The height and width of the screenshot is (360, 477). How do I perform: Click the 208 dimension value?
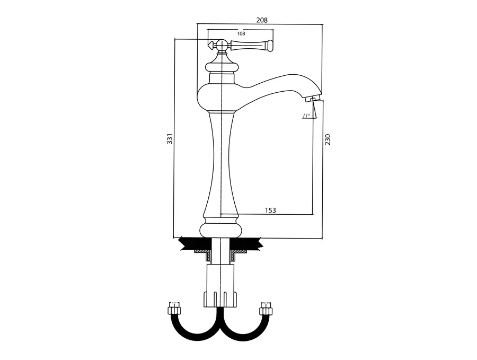[x=262, y=20]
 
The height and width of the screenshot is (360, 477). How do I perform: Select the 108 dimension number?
[x=241, y=34]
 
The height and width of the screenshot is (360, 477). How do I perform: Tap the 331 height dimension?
[x=170, y=139]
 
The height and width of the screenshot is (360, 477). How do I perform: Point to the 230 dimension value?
[x=328, y=139]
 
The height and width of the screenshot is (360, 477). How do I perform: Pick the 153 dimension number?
[x=270, y=210]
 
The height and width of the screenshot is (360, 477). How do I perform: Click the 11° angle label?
[x=306, y=116]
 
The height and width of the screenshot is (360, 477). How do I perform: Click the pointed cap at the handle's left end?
[x=210, y=45]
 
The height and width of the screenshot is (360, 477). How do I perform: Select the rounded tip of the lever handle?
[x=270, y=46]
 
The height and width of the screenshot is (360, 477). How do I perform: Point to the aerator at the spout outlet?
[x=312, y=99]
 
